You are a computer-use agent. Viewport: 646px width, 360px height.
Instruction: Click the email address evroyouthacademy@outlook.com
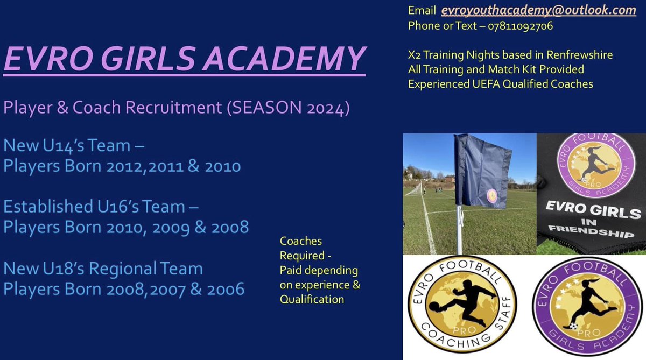[539, 10]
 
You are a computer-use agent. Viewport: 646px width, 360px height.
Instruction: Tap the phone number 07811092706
[521, 25]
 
